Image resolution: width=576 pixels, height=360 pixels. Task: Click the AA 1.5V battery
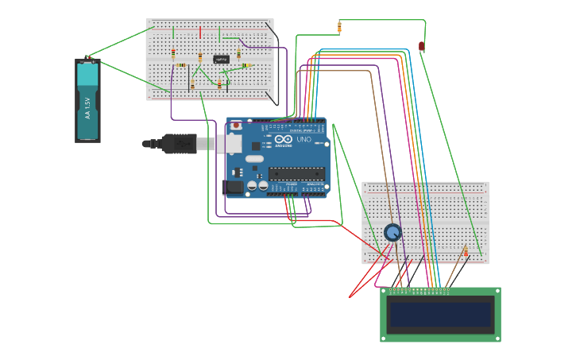87,101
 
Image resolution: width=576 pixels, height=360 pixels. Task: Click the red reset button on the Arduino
236,126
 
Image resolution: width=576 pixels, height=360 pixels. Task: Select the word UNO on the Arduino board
303,139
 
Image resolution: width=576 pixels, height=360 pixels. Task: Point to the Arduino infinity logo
284,139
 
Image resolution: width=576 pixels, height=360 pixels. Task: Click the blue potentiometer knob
392,232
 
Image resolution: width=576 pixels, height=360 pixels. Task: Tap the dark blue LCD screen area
440,314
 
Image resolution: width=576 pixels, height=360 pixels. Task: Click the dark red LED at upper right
422,47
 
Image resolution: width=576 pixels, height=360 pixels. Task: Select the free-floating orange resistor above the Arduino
339,28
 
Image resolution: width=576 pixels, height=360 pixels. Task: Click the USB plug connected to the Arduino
179,144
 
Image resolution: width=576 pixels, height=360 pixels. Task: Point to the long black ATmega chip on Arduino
296,173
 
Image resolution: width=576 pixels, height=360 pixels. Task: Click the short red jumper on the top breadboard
200,33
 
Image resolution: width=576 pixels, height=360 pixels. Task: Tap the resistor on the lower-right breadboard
466,253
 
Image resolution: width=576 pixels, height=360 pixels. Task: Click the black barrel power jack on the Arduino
235,188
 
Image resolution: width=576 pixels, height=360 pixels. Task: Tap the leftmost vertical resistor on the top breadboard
173,53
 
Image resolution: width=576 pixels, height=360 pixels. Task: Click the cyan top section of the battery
87,75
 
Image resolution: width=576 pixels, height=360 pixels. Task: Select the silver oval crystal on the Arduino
254,158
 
